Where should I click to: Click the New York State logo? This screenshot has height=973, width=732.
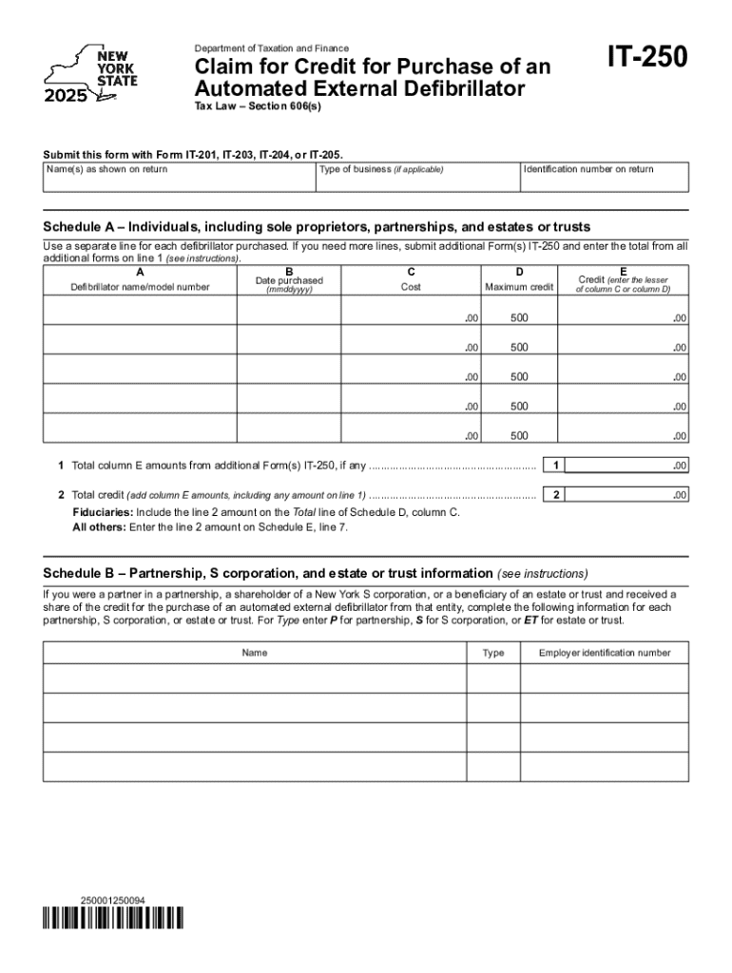point(91,74)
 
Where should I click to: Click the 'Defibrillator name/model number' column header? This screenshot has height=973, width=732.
point(140,286)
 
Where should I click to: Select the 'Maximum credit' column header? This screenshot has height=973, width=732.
point(519,286)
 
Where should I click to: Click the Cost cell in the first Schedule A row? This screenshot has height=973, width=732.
point(411,311)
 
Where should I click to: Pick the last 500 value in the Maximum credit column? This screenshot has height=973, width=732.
point(519,436)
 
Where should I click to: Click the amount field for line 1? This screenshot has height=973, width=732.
point(628,466)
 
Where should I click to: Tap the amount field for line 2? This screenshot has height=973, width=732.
point(628,495)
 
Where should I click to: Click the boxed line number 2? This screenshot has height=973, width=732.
point(555,495)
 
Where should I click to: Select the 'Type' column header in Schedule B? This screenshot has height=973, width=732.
point(493,653)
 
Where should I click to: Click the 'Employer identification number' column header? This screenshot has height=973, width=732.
point(605,653)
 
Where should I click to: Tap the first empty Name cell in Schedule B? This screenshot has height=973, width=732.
point(255,678)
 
